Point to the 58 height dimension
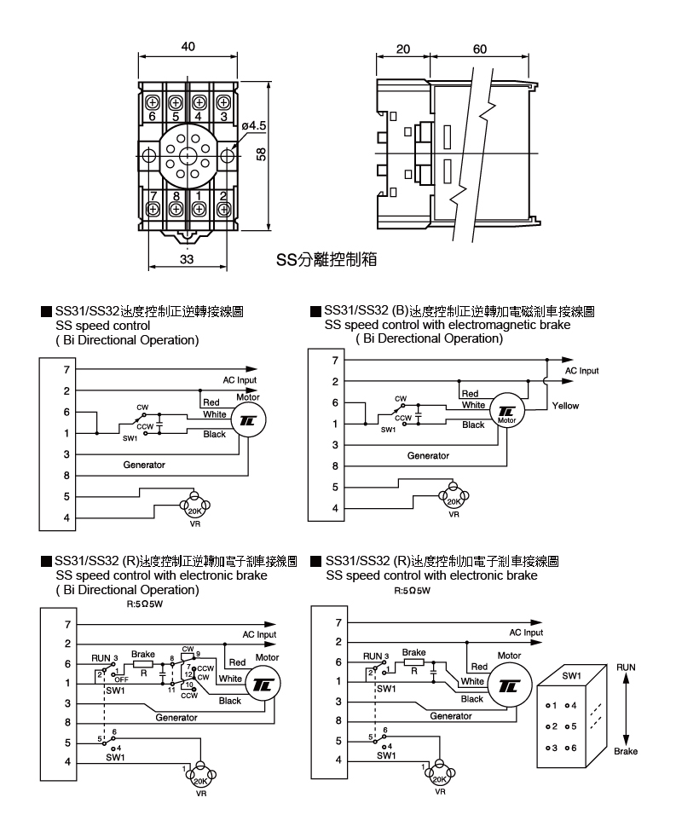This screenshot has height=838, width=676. (262, 154)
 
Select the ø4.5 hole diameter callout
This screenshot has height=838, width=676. (254, 125)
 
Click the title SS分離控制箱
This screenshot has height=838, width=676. (326, 259)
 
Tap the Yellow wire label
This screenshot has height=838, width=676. (565, 406)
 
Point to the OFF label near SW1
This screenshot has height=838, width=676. (121, 679)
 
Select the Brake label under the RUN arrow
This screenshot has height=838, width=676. (626, 751)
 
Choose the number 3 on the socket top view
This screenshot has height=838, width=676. (224, 116)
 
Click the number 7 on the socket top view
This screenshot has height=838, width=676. (153, 196)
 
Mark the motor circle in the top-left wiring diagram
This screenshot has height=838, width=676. (247, 419)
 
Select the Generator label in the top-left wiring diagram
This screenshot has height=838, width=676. (144, 465)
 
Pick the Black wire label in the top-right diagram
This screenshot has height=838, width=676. (473, 425)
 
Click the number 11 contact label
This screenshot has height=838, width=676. (170, 689)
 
